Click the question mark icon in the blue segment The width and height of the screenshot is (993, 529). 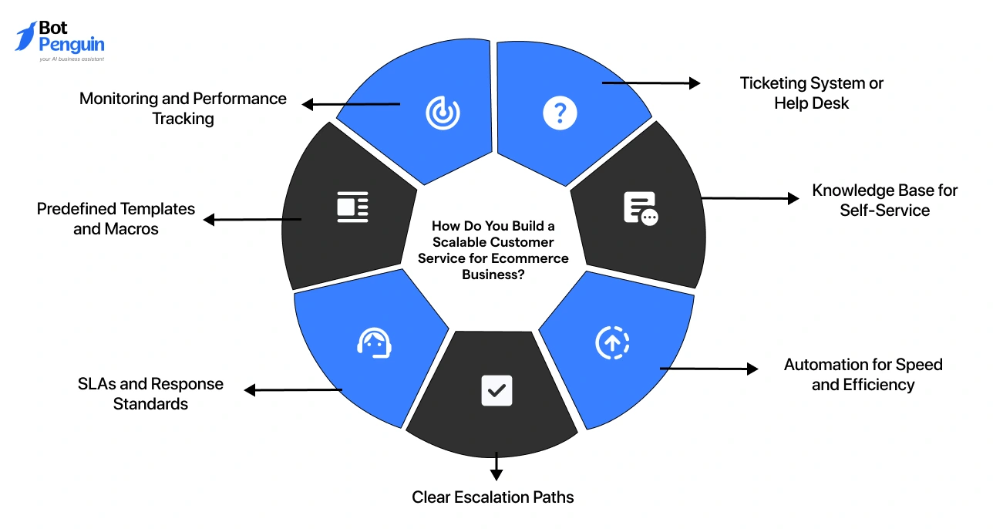click(560, 113)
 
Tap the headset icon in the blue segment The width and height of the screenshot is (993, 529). click(374, 343)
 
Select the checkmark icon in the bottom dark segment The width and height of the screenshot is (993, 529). click(496, 390)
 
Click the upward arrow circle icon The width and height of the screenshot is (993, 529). click(613, 343)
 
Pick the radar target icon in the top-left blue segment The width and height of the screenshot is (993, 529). click(443, 113)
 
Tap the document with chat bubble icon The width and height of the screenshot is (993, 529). click(640, 208)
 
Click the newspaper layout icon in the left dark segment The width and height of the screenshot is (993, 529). click(352, 207)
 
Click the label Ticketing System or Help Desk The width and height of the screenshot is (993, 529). click(811, 93)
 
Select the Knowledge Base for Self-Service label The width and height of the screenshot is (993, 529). click(884, 200)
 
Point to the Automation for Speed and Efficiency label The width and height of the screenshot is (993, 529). click(863, 375)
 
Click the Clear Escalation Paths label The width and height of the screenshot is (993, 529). click(493, 497)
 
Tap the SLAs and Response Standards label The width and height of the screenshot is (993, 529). click(150, 394)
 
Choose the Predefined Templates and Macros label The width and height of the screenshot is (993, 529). click(116, 219)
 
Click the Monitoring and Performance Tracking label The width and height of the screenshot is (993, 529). click(183, 109)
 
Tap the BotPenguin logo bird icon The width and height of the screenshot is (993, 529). click(25, 36)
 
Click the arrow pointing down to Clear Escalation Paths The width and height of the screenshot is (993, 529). click(496, 466)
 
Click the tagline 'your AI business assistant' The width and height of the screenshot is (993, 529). click(71, 59)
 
